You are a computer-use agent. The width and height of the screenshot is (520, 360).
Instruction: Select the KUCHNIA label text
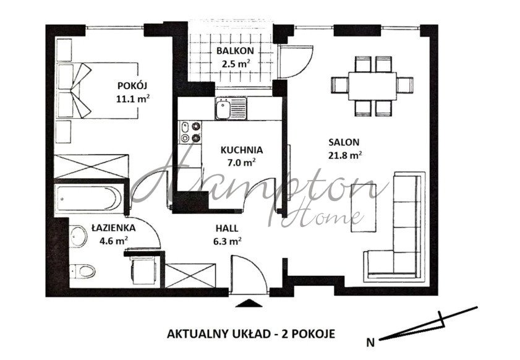(242, 149)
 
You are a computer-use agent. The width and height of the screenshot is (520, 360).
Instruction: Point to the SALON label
(344, 142)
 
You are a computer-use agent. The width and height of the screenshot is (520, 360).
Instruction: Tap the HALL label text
(229, 228)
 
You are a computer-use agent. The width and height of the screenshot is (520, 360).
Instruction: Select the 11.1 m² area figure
(134, 98)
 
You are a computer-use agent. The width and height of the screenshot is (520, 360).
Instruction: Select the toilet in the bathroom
(83, 270)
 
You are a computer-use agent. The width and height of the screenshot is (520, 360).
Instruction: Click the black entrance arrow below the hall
(249, 302)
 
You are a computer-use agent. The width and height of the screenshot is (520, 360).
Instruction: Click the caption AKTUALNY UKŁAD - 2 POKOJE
(251, 333)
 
